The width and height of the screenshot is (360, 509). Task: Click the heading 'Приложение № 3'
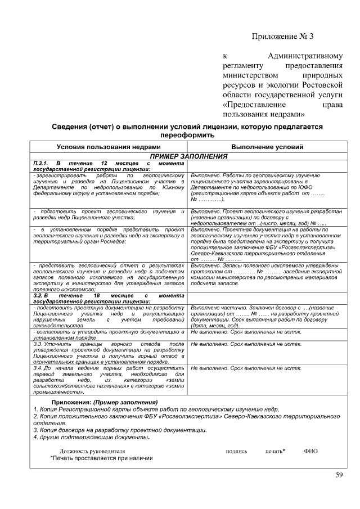[281, 37]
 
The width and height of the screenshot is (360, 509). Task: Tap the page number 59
[339, 475]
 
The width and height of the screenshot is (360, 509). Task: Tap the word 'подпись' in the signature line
[236, 451]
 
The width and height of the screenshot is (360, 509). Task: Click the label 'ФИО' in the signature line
[310, 451]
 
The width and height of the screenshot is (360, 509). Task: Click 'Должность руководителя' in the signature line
[92, 451]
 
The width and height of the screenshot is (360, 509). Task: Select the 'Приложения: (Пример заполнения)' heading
[105, 403]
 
